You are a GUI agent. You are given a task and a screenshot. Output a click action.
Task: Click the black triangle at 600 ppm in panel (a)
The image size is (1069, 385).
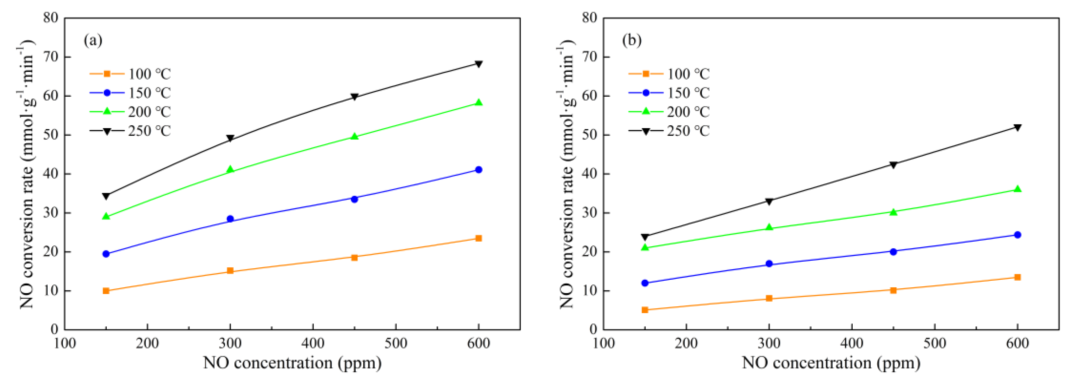coord(478,64)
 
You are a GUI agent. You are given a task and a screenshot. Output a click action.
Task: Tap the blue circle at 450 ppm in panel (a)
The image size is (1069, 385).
coord(354,199)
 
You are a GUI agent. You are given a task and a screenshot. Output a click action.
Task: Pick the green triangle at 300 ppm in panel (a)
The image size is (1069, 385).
coord(230,169)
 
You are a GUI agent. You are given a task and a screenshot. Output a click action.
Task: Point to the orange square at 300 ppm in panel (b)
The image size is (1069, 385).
coord(769,298)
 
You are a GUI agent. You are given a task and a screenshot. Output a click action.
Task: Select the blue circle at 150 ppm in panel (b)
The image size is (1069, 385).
coord(645,283)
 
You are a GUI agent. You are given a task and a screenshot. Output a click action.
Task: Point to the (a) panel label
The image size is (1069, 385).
coord(93,40)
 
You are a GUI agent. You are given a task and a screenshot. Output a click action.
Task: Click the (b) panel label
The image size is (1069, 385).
coord(632,40)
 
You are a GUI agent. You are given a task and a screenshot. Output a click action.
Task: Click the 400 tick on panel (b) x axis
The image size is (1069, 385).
coord(852,343)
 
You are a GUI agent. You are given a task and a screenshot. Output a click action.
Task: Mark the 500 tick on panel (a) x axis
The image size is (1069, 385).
coord(395,343)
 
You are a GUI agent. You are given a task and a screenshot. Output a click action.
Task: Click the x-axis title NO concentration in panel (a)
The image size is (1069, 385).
coord(292,363)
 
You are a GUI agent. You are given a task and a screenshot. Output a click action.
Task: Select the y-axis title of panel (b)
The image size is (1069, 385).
coord(567,174)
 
